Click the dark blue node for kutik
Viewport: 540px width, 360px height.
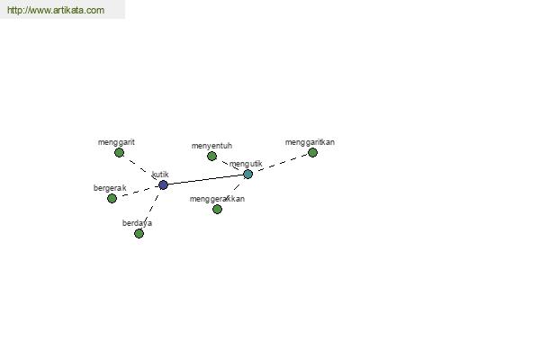pos(163,185)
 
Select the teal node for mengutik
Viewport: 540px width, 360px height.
pos(248,175)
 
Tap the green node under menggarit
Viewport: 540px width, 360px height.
pos(119,153)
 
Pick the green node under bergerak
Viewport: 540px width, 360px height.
pos(112,198)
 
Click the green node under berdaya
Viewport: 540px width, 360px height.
pos(139,234)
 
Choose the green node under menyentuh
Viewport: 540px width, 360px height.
pos(211,157)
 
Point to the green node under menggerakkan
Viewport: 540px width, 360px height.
pos(217,210)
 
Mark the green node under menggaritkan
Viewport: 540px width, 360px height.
pos(312,153)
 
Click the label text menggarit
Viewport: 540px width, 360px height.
pos(116,142)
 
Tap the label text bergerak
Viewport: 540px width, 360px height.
pos(110,188)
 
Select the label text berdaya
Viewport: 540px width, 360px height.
pos(137,223)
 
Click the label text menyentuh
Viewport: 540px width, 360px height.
pos(211,146)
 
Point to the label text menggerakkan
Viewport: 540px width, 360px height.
pos(217,199)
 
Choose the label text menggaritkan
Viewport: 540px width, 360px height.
pos(310,142)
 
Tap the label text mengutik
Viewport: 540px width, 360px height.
pos(246,164)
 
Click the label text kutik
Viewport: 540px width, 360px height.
pos(160,175)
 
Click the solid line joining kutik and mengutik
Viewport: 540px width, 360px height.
pos(205,180)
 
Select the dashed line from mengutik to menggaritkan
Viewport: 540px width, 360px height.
pos(280,164)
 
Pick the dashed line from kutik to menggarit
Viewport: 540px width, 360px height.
pos(141,169)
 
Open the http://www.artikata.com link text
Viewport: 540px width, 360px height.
pos(56,10)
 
